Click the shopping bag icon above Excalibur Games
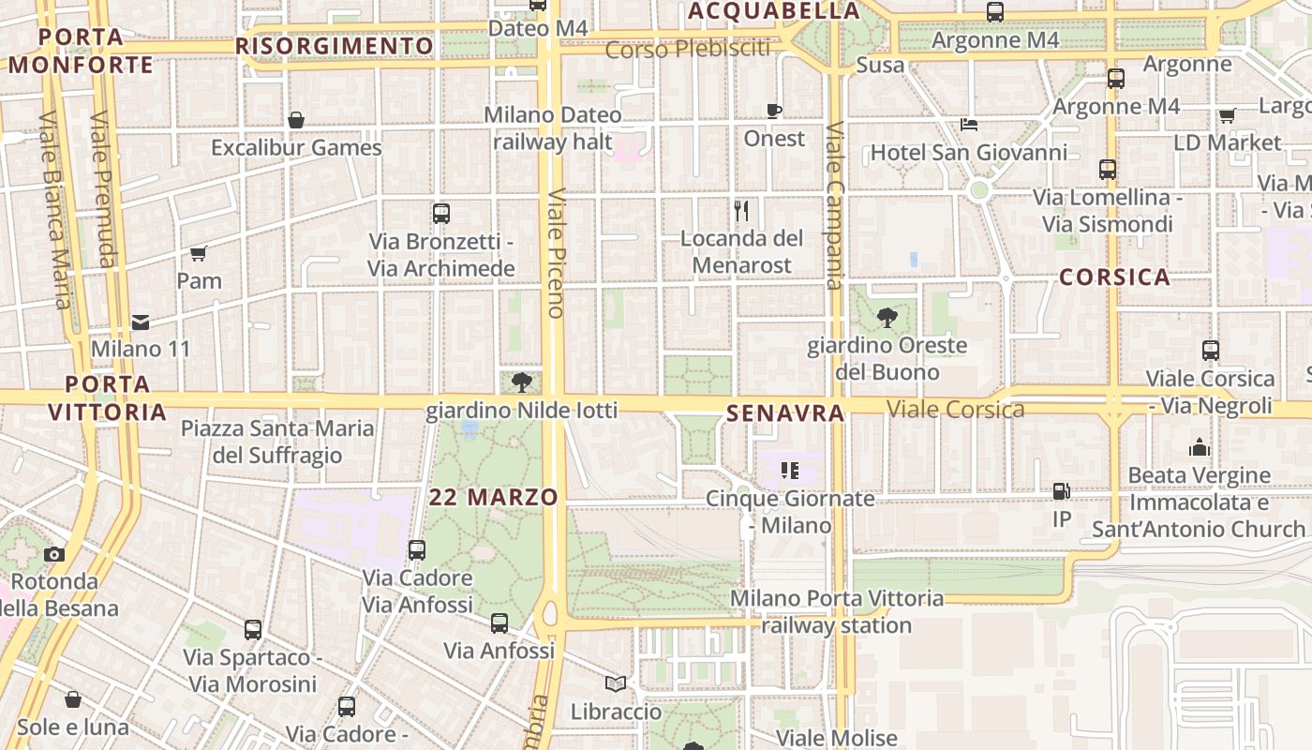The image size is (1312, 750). click(296, 120)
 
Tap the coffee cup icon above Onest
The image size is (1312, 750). click(774, 112)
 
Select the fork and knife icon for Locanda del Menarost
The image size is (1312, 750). click(741, 210)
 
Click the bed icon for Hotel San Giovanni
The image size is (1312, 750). click(969, 125)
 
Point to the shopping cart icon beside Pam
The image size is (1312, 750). click(199, 253)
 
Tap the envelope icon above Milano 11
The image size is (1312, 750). click(141, 322)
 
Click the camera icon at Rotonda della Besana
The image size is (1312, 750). click(54, 554)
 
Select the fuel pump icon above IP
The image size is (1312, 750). click(1062, 490)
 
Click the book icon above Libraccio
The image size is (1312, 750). click(616, 684)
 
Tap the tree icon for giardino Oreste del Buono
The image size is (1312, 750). click(887, 319)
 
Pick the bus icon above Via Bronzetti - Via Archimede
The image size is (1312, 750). click(441, 214)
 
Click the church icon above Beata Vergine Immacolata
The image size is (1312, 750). click(1200, 448)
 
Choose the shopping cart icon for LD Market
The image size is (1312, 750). click(1227, 115)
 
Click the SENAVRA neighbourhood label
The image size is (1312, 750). click(785, 413)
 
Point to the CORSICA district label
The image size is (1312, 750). click(1115, 277)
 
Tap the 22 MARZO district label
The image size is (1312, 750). click(493, 498)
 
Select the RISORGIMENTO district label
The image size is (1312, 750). click(335, 47)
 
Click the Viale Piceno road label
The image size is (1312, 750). click(557, 253)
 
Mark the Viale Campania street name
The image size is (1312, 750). click(835, 206)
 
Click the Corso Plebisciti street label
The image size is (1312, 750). click(688, 49)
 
